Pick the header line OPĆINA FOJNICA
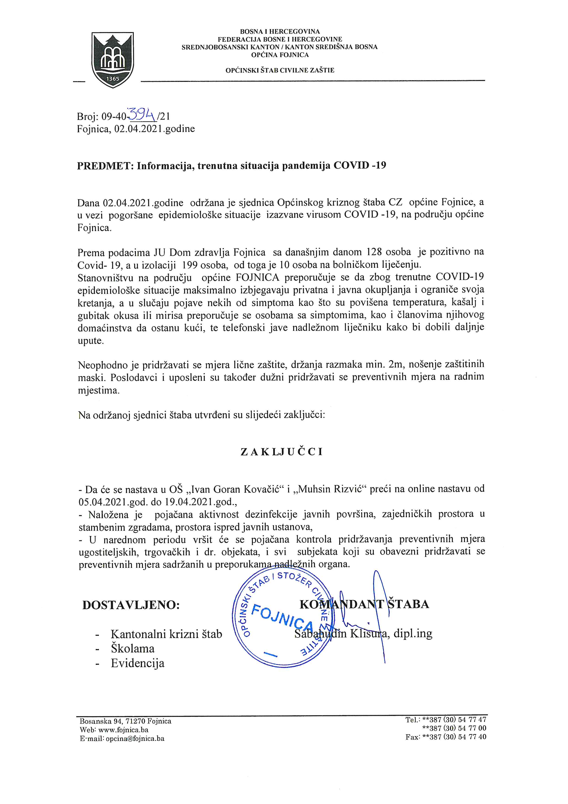click(x=280, y=55)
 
